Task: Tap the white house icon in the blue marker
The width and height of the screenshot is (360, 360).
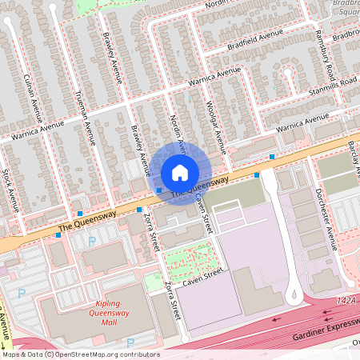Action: pyautogui.click(x=180, y=172)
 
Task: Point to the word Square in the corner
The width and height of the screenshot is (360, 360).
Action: pyautogui.click(x=346, y=12)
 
